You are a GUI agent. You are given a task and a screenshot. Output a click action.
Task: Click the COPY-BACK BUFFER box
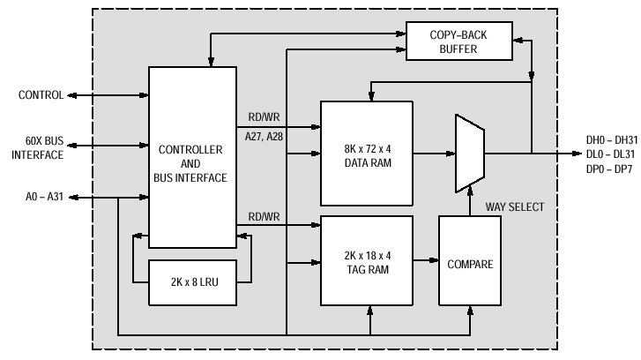pyautogui.click(x=459, y=41)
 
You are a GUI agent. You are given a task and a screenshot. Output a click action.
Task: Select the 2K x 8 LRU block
pyautogui.click(x=192, y=282)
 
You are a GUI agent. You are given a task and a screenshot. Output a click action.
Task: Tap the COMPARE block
pyautogui.click(x=470, y=260)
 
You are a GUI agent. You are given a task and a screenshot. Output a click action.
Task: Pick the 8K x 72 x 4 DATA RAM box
pyautogui.click(x=367, y=154)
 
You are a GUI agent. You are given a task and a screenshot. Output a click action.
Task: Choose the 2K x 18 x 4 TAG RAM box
pyautogui.click(x=367, y=260)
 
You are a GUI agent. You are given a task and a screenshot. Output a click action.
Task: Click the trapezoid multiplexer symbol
pyautogui.click(x=470, y=154)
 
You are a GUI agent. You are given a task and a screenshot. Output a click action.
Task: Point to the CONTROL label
pyautogui.click(x=41, y=95)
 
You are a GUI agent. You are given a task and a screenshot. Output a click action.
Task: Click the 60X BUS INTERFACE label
pyautogui.click(x=38, y=147)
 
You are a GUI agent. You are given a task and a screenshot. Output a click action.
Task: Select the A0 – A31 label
pyautogui.click(x=44, y=197)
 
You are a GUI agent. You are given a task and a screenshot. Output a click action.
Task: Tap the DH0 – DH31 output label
pyautogui.click(x=612, y=140)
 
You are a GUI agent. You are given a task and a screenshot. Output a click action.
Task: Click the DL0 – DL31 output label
pyautogui.click(x=610, y=154)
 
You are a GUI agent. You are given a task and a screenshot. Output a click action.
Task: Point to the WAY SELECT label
pyautogui.click(x=515, y=207)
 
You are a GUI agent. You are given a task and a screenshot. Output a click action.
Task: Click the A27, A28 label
pyautogui.click(x=264, y=137)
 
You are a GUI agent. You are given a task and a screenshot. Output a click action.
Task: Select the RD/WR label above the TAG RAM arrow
pyautogui.click(x=265, y=216)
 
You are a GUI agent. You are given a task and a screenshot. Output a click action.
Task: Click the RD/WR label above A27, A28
pyautogui.click(x=265, y=117)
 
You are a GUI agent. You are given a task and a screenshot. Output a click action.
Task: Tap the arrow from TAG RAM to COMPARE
pyautogui.click(x=426, y=260)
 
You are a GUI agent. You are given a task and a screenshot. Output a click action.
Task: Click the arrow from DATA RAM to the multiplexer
pyautogui.click(x=434, y=154)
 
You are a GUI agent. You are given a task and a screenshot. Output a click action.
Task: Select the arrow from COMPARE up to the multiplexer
pyautogui.click(x=470, y=200)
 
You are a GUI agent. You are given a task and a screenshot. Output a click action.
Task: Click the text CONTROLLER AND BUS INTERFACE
pyautogui.click(x=190, y=163)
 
